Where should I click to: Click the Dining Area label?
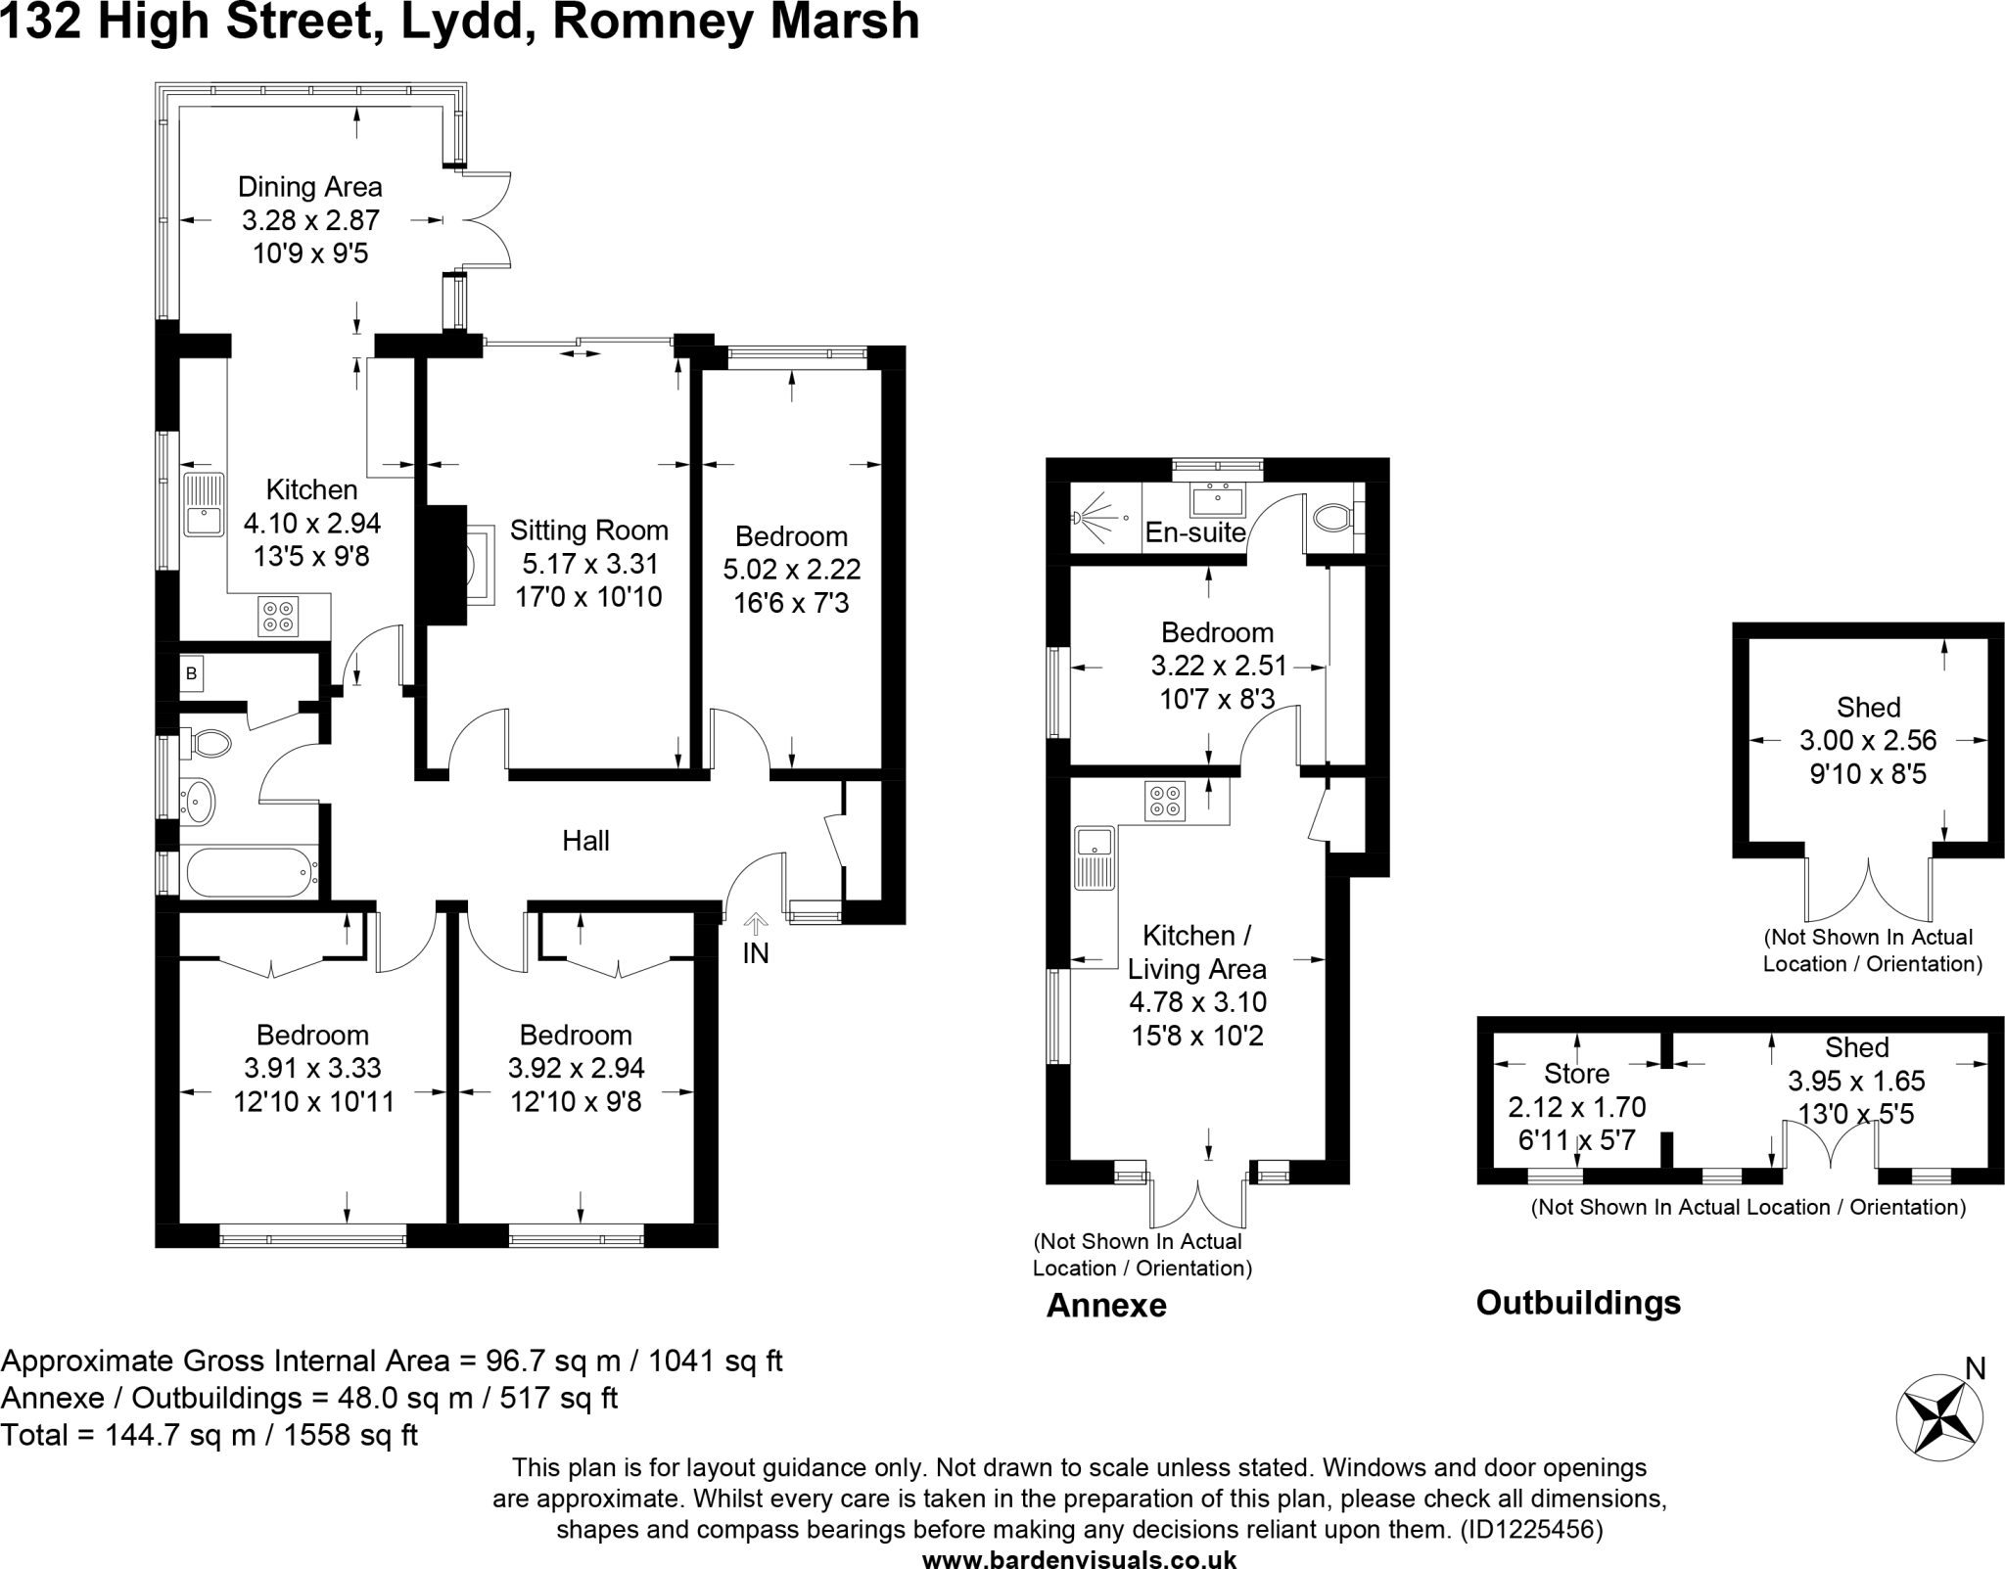(310, 187)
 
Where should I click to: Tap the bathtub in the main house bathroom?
(249, 872)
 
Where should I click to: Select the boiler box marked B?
(192, 673)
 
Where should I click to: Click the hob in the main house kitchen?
(277, 616)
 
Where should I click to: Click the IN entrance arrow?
(756, 924)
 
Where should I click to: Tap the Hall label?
(585, 841)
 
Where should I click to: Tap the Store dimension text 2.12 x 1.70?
(1576, 1107)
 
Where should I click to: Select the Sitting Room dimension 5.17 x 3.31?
(588, 564)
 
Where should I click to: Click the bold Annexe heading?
(1106, 1306)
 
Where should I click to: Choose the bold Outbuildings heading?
(1578, 1303)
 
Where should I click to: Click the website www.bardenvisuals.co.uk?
(1079, 1559)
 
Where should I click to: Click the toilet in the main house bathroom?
(208, 743)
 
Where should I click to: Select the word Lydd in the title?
(460, 22)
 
